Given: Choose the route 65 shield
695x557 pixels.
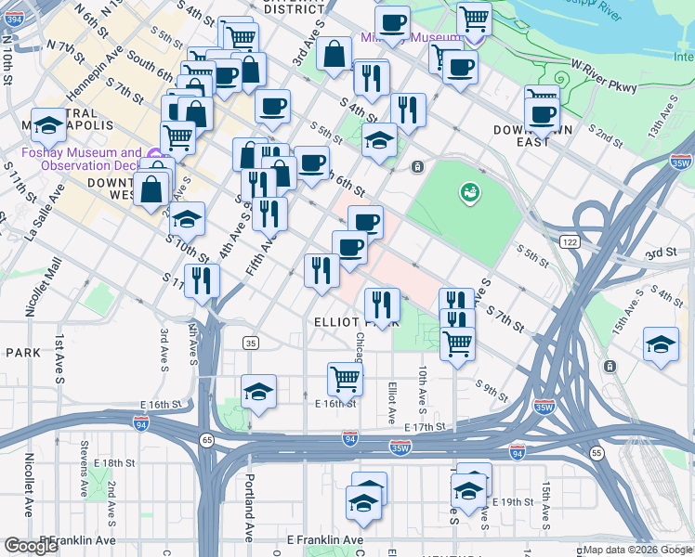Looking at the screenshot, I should tap(206, 439).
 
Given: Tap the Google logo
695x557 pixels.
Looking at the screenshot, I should tap(32, 546).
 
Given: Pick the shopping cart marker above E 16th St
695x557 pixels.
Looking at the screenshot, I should tap(345, 379).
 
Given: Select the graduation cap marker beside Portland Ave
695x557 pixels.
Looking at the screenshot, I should tap(259, 391).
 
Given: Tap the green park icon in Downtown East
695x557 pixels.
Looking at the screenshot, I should tap(469, 192).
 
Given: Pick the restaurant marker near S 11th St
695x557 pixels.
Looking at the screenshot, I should tap(202, 280).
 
